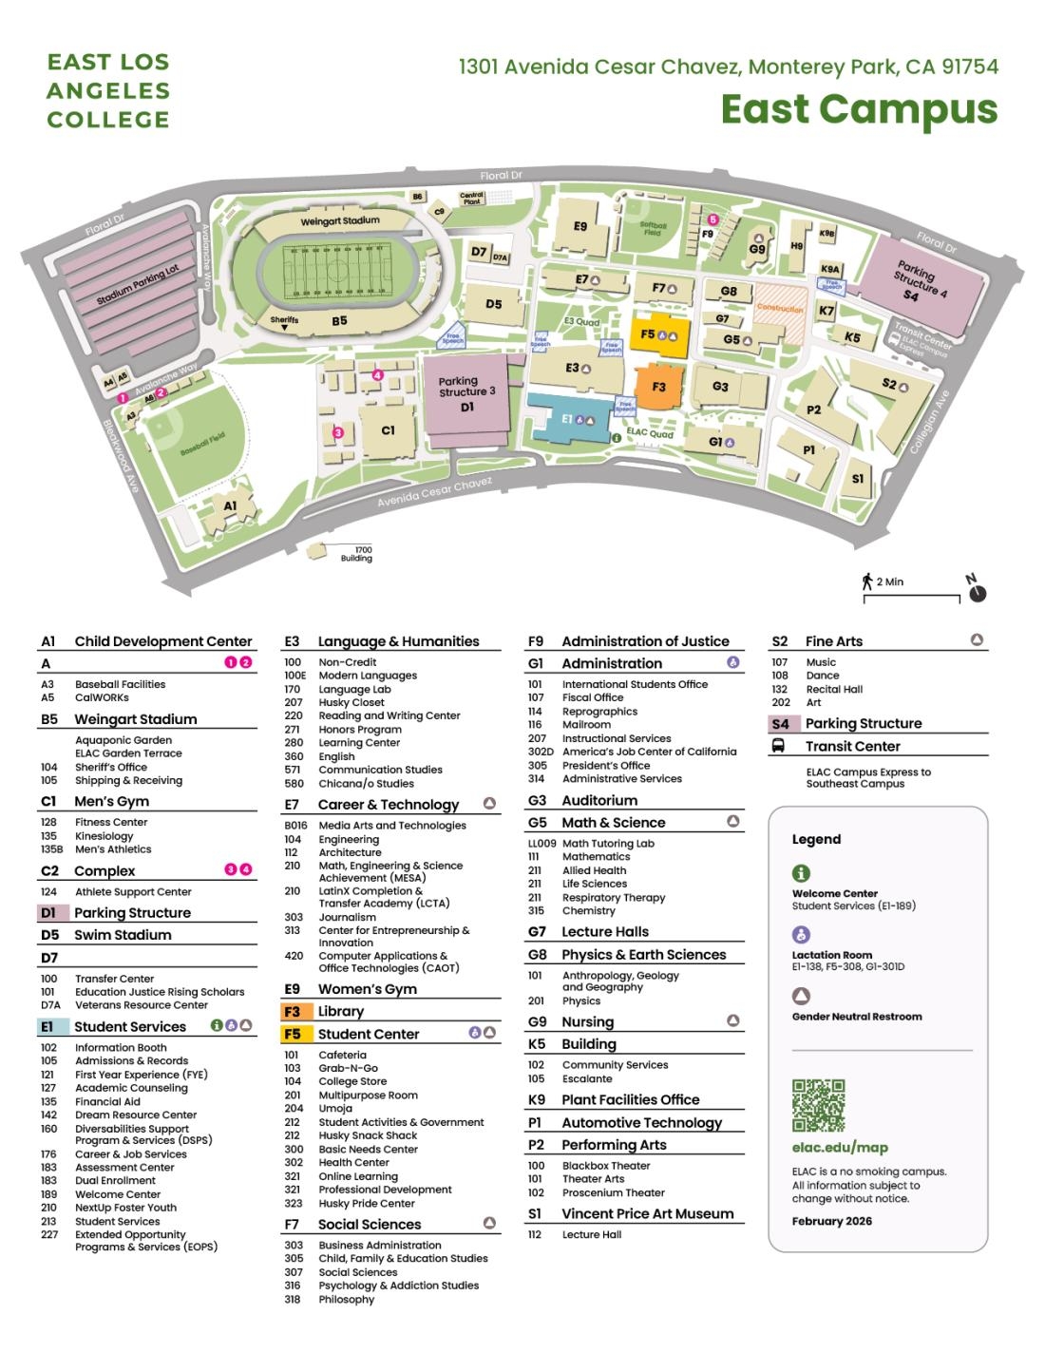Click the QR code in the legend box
coord(818,1105)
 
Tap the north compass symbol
coord(977,592)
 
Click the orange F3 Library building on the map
coord(658,387)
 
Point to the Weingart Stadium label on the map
coord(339,220)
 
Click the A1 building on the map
coord(231,506)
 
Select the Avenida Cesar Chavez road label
coord(435,493)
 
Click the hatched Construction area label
coord(780,309)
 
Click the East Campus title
coord(858,108)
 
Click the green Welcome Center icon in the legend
coord(801,872)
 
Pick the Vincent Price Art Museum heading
coord(647,1213)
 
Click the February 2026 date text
coord(831,1221)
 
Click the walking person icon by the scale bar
coord(867,581)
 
